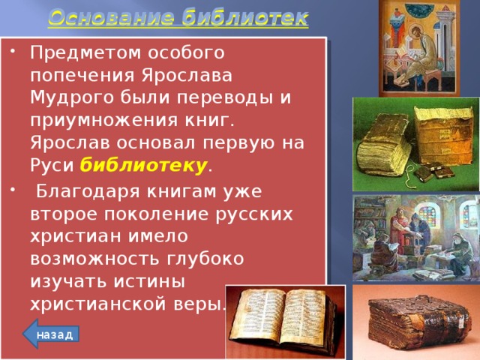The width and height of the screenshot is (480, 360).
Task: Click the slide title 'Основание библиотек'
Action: [x=178, y=17]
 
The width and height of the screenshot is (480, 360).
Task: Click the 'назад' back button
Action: [x=54, y=334]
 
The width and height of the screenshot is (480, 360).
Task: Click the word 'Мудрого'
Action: [x=67, y=99]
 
